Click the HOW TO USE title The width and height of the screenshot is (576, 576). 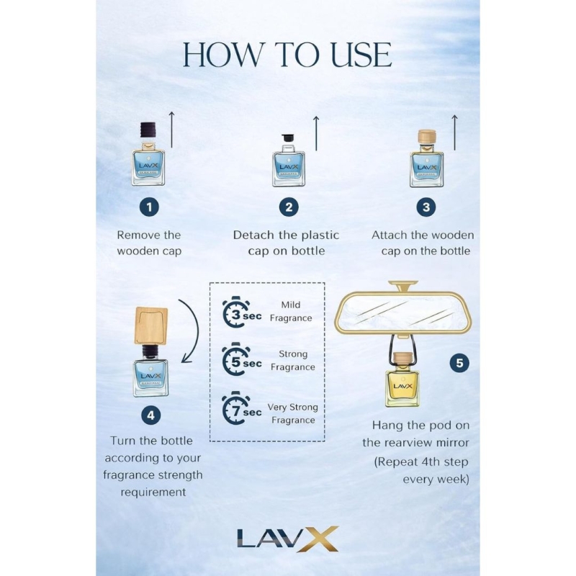[x=287, y=55]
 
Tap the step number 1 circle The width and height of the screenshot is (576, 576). [x=149, y=207]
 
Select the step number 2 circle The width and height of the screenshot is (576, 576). [x=289, y=207]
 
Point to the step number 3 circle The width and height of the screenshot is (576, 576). [x=426, y=207]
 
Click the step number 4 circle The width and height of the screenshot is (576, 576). [x=151, y=415]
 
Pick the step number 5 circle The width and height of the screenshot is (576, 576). [x=459, y=363]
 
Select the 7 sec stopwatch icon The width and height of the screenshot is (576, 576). [x=236, y=408]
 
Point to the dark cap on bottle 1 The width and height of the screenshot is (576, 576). [x=148, y=131]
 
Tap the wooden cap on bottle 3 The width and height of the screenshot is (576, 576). [x=427, y=137]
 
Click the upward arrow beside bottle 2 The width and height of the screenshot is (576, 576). [x=316, y=133]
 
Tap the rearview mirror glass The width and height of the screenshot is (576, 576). [x=403, y=312]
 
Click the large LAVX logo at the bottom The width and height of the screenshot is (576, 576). [x=287, y=539]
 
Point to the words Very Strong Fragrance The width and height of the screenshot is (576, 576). [x=293, y=413]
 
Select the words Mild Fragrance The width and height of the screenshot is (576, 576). [x=291, y=312]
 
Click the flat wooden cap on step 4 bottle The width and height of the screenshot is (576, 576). [x=151, y=325]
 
